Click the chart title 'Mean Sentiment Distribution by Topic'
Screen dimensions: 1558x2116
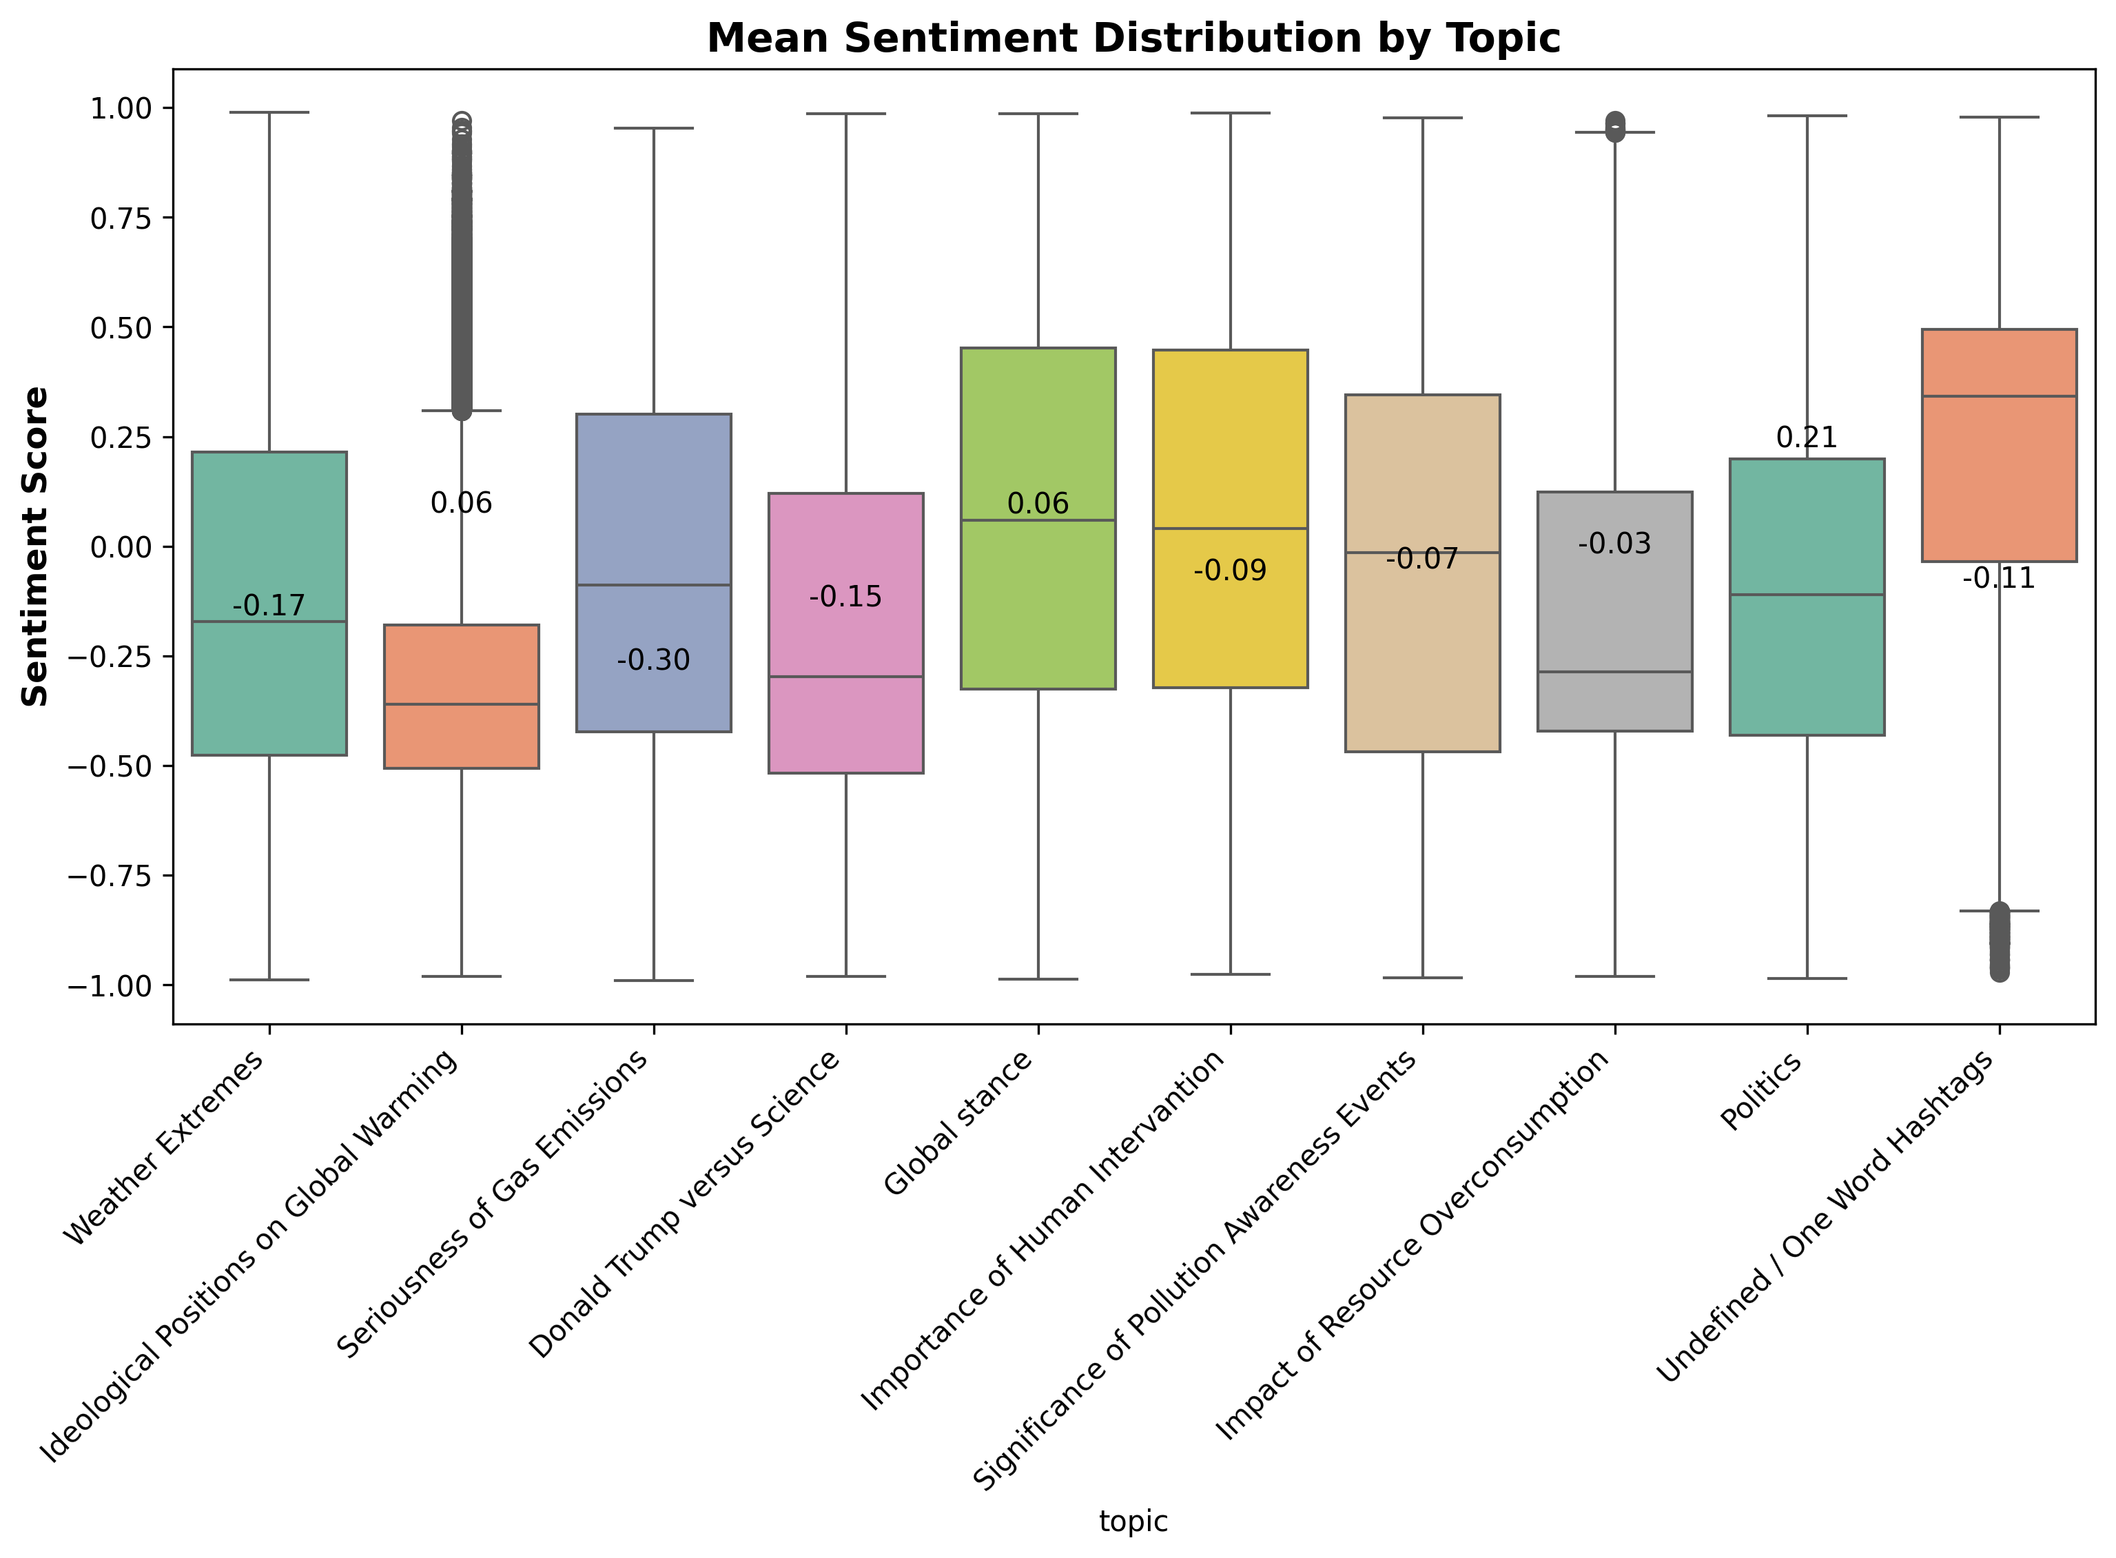coord(1133,39)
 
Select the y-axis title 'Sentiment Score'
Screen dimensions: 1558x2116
coord(35,546)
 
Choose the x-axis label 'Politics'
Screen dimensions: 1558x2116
coord(1761,1091)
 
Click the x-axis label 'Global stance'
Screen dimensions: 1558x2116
coord(959,1123)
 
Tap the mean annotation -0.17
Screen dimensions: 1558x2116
coord(269,606)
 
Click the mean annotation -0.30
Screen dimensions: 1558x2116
coord(653,660)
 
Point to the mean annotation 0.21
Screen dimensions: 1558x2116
coord(1807,438)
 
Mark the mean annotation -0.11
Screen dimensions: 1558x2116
coord(1999,578)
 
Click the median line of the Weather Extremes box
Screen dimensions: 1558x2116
coord(269,622)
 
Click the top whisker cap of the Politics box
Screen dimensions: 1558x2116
coord(1807,116)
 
